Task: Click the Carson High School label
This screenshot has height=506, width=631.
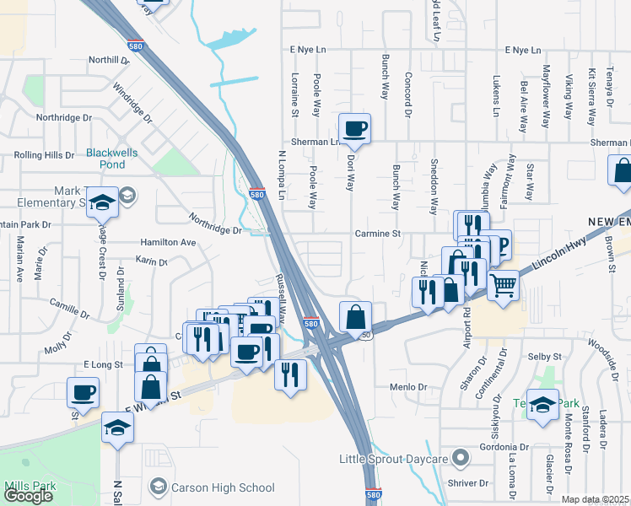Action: [x=223, y=487]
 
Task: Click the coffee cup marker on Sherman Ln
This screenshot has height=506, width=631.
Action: [x=355, y=128]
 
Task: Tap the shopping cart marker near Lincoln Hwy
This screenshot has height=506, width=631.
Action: [x=503, y=285]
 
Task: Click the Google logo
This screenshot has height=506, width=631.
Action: [x=28, y=495]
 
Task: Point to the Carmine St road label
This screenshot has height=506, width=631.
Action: [x=375, y=234]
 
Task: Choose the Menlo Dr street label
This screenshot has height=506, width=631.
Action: [x=409, y=386]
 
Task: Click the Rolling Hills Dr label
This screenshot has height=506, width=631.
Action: [x=45, y=155]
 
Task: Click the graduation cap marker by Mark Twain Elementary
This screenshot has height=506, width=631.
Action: [x=101, y=205]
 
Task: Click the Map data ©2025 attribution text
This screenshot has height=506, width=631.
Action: [x=596, y=499]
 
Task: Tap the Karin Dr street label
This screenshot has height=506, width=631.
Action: [x=152, y=262]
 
